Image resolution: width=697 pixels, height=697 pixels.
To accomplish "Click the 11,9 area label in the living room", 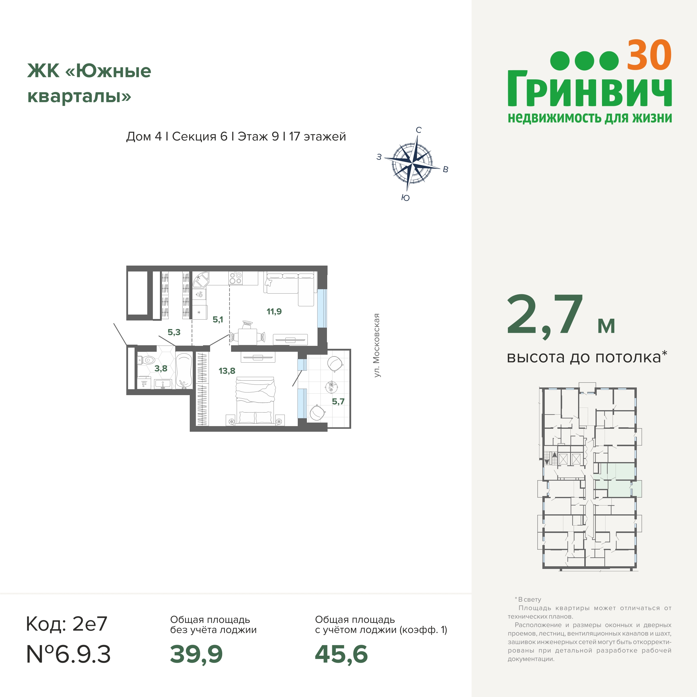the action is (x=274, y=311).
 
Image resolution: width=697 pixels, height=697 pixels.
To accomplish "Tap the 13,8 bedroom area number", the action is (x=227, y=371).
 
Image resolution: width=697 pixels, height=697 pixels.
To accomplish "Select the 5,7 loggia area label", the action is (x=338, y=401).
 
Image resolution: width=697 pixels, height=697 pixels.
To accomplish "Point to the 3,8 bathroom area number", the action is (x=161, y=368).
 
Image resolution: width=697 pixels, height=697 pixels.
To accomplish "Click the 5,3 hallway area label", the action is (x=174, y=332).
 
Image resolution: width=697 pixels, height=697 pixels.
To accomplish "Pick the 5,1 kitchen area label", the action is (x=217, y=319).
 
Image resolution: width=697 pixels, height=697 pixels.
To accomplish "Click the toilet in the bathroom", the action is (x=146, y=360).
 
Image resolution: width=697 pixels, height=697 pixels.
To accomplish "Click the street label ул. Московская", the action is (x=377, y=345).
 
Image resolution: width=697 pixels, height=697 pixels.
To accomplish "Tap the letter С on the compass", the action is (x=418, y=130).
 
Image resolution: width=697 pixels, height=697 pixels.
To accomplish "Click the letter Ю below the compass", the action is (x=405, y=198).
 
